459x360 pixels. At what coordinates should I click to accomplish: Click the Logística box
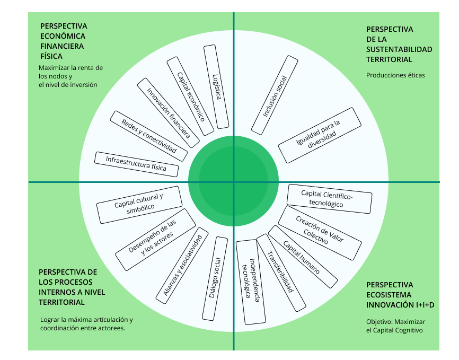coord(216,87)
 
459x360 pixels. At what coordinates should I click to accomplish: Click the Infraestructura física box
coord(137,164)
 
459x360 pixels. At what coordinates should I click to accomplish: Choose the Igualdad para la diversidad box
coord(316,135)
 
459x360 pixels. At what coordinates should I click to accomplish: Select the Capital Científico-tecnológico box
coord(329,199)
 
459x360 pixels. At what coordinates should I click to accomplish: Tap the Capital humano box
coord(303,256)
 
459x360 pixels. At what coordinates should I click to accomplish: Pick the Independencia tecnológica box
coord(250,282)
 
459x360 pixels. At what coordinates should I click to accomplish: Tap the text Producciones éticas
coord(395,75)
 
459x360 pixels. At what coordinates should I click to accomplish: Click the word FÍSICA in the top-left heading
coord(51,56)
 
